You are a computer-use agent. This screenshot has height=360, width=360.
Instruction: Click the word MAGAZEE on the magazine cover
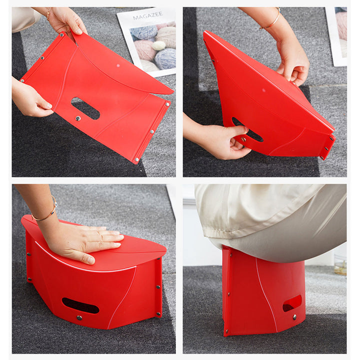[147, 16]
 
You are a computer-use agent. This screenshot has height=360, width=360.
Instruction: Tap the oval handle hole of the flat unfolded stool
[85, 108]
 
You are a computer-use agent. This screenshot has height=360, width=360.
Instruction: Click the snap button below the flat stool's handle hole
[78, 118]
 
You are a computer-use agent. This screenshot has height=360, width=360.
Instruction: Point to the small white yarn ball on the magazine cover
[158, 45]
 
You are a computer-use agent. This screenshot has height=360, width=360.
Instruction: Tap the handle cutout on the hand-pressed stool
[80, 305]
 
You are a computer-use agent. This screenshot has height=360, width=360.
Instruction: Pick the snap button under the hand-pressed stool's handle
[79, 318]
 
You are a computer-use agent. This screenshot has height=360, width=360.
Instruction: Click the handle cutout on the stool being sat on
[292, 303]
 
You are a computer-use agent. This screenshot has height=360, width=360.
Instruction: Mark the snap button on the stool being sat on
[294, 317]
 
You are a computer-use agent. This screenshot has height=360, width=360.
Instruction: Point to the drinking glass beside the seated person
[340, 264]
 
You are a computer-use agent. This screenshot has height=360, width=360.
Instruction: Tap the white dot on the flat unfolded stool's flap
[118, 65]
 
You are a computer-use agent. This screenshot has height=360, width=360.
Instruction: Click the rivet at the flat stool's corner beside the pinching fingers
[61, 35]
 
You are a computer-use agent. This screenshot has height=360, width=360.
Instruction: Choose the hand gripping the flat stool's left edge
[31, 97]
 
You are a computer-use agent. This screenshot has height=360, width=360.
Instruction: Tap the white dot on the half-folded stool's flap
[263, 90]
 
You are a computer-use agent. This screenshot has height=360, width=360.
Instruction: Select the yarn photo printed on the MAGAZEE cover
[152, 47]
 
